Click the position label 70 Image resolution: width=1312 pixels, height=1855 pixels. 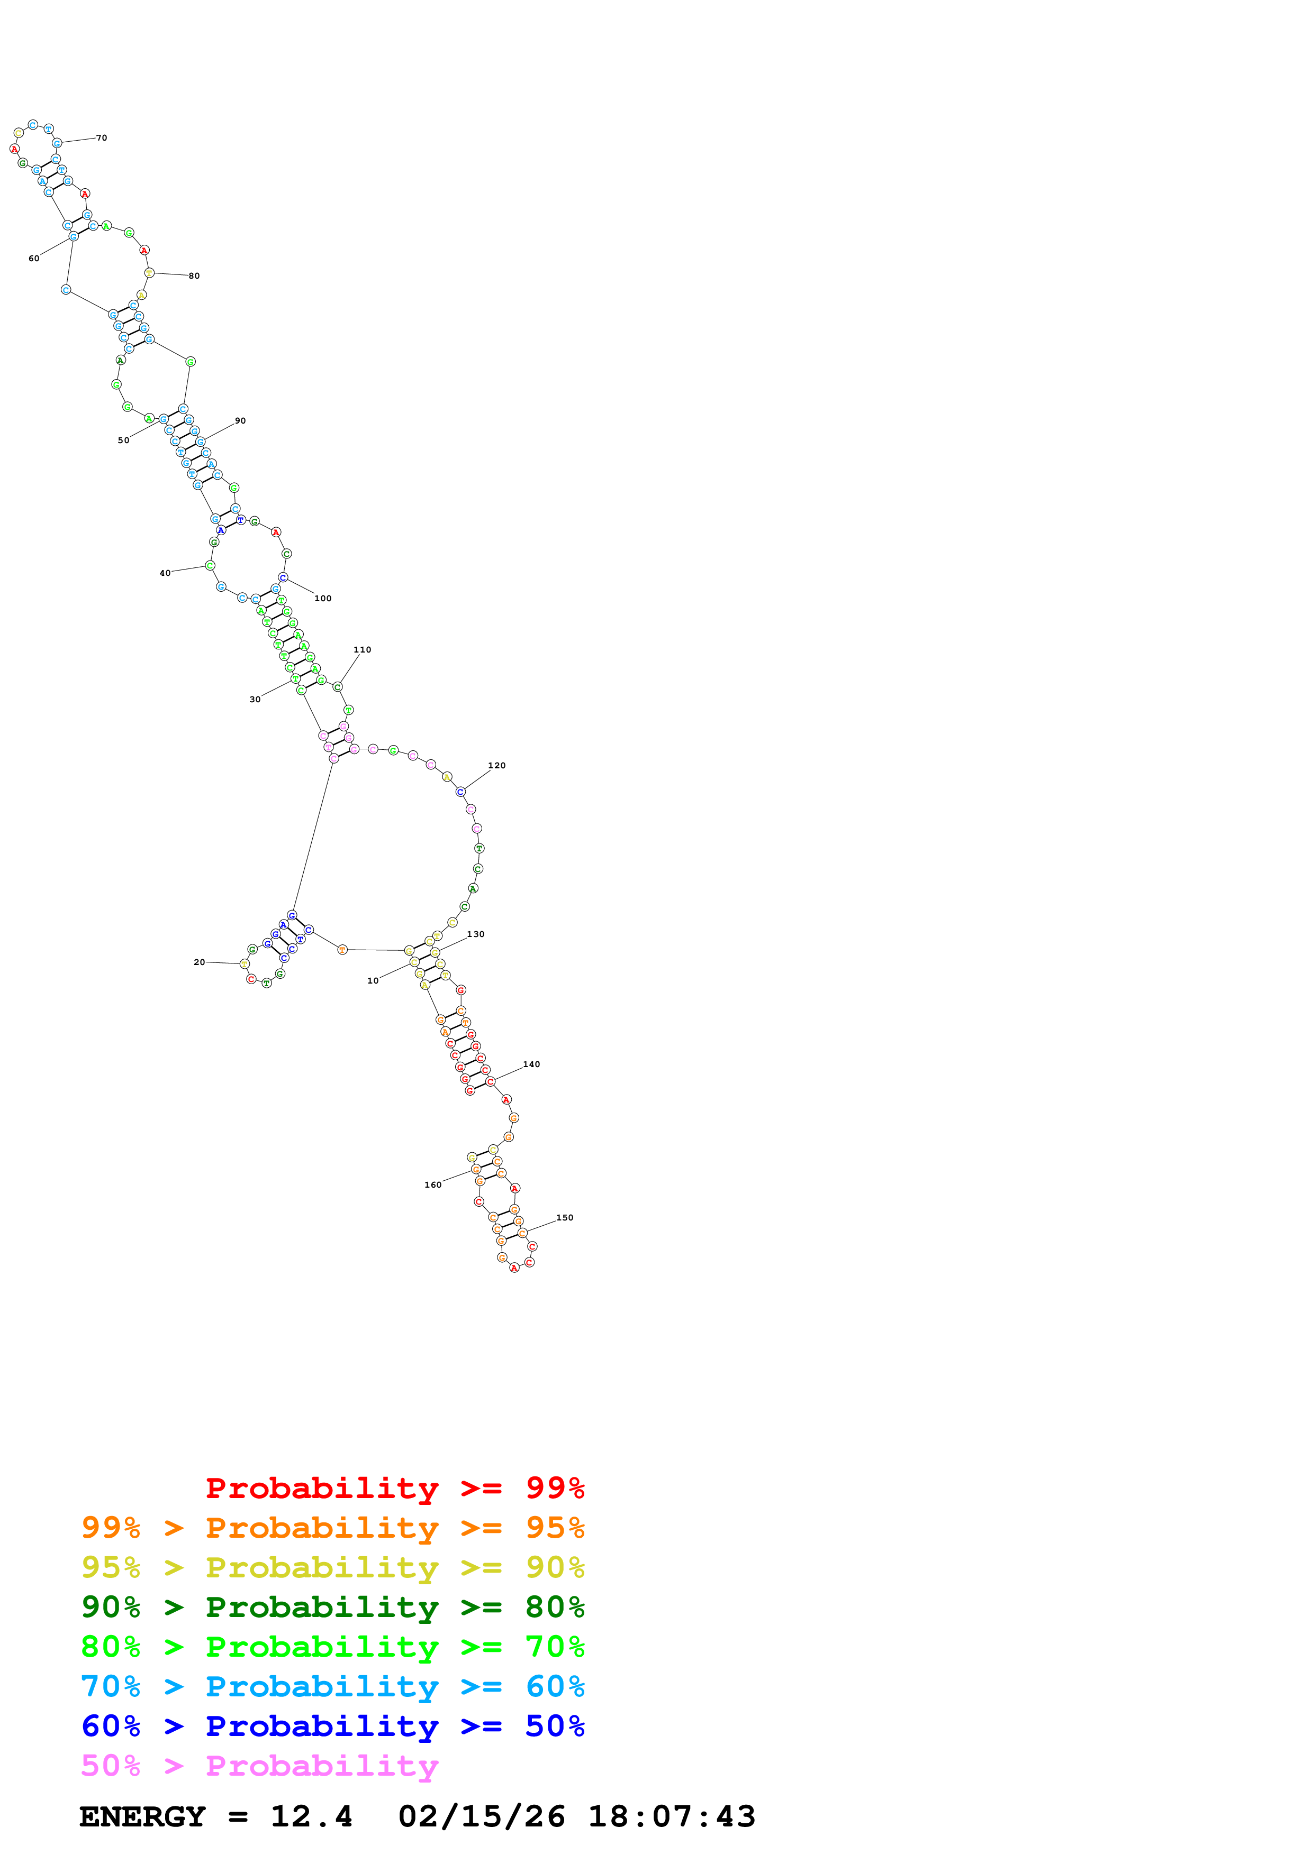(102, 138)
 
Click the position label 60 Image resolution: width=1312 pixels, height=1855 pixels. (34, 259)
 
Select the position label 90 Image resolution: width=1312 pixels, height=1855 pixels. (240, 421)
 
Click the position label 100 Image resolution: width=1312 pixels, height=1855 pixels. (322, 599)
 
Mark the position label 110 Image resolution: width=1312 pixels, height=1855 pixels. (362, 649)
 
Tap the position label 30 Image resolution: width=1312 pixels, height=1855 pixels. (255, 700)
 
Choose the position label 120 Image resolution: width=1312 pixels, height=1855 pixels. (496, 765)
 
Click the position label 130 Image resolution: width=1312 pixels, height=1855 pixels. (475, 934)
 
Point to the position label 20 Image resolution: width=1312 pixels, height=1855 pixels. (200, 962)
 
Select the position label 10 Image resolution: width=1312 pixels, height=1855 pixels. (373, 981)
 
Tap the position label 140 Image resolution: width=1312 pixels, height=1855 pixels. (531, 1064)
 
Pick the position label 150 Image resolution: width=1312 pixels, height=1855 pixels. (564, 1218)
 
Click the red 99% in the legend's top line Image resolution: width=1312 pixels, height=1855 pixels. (555, 1487)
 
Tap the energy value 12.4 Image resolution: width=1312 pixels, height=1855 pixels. (311, 1816)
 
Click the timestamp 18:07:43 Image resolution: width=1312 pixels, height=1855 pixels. (671, 1816)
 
